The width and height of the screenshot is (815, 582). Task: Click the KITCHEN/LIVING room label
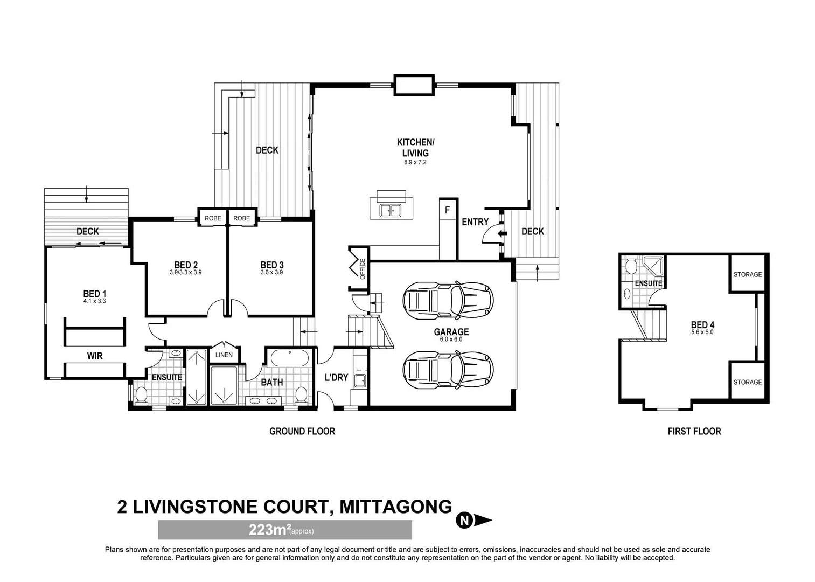tap(415, 148)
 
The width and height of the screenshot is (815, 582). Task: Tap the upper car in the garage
tap(448, 298)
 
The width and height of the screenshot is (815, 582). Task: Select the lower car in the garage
tap(448, 369)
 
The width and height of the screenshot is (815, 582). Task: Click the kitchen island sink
tap(391, 210)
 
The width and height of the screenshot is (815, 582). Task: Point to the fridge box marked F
tap(447, 211)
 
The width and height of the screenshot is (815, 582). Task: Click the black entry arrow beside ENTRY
tap(502, 233)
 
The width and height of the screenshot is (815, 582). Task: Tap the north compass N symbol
tap(464, 521)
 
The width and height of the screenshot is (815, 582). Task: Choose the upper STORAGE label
tap(747, 274)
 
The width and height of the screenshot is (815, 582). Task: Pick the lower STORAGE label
tap(747, 382)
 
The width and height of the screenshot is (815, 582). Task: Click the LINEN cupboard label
tap(224, 355)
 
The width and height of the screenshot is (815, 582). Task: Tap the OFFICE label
tap(363, 268)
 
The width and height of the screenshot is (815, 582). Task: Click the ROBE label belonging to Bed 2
tap(213, 218)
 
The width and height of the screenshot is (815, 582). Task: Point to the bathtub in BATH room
tap(289, 358)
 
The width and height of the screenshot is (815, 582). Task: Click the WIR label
tap(95, 356)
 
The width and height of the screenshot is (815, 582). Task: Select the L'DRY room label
tap(336, 378)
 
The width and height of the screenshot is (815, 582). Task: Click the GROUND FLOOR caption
tap(302, 431)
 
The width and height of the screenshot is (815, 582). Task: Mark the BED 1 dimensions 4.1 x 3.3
tap(95, 301)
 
